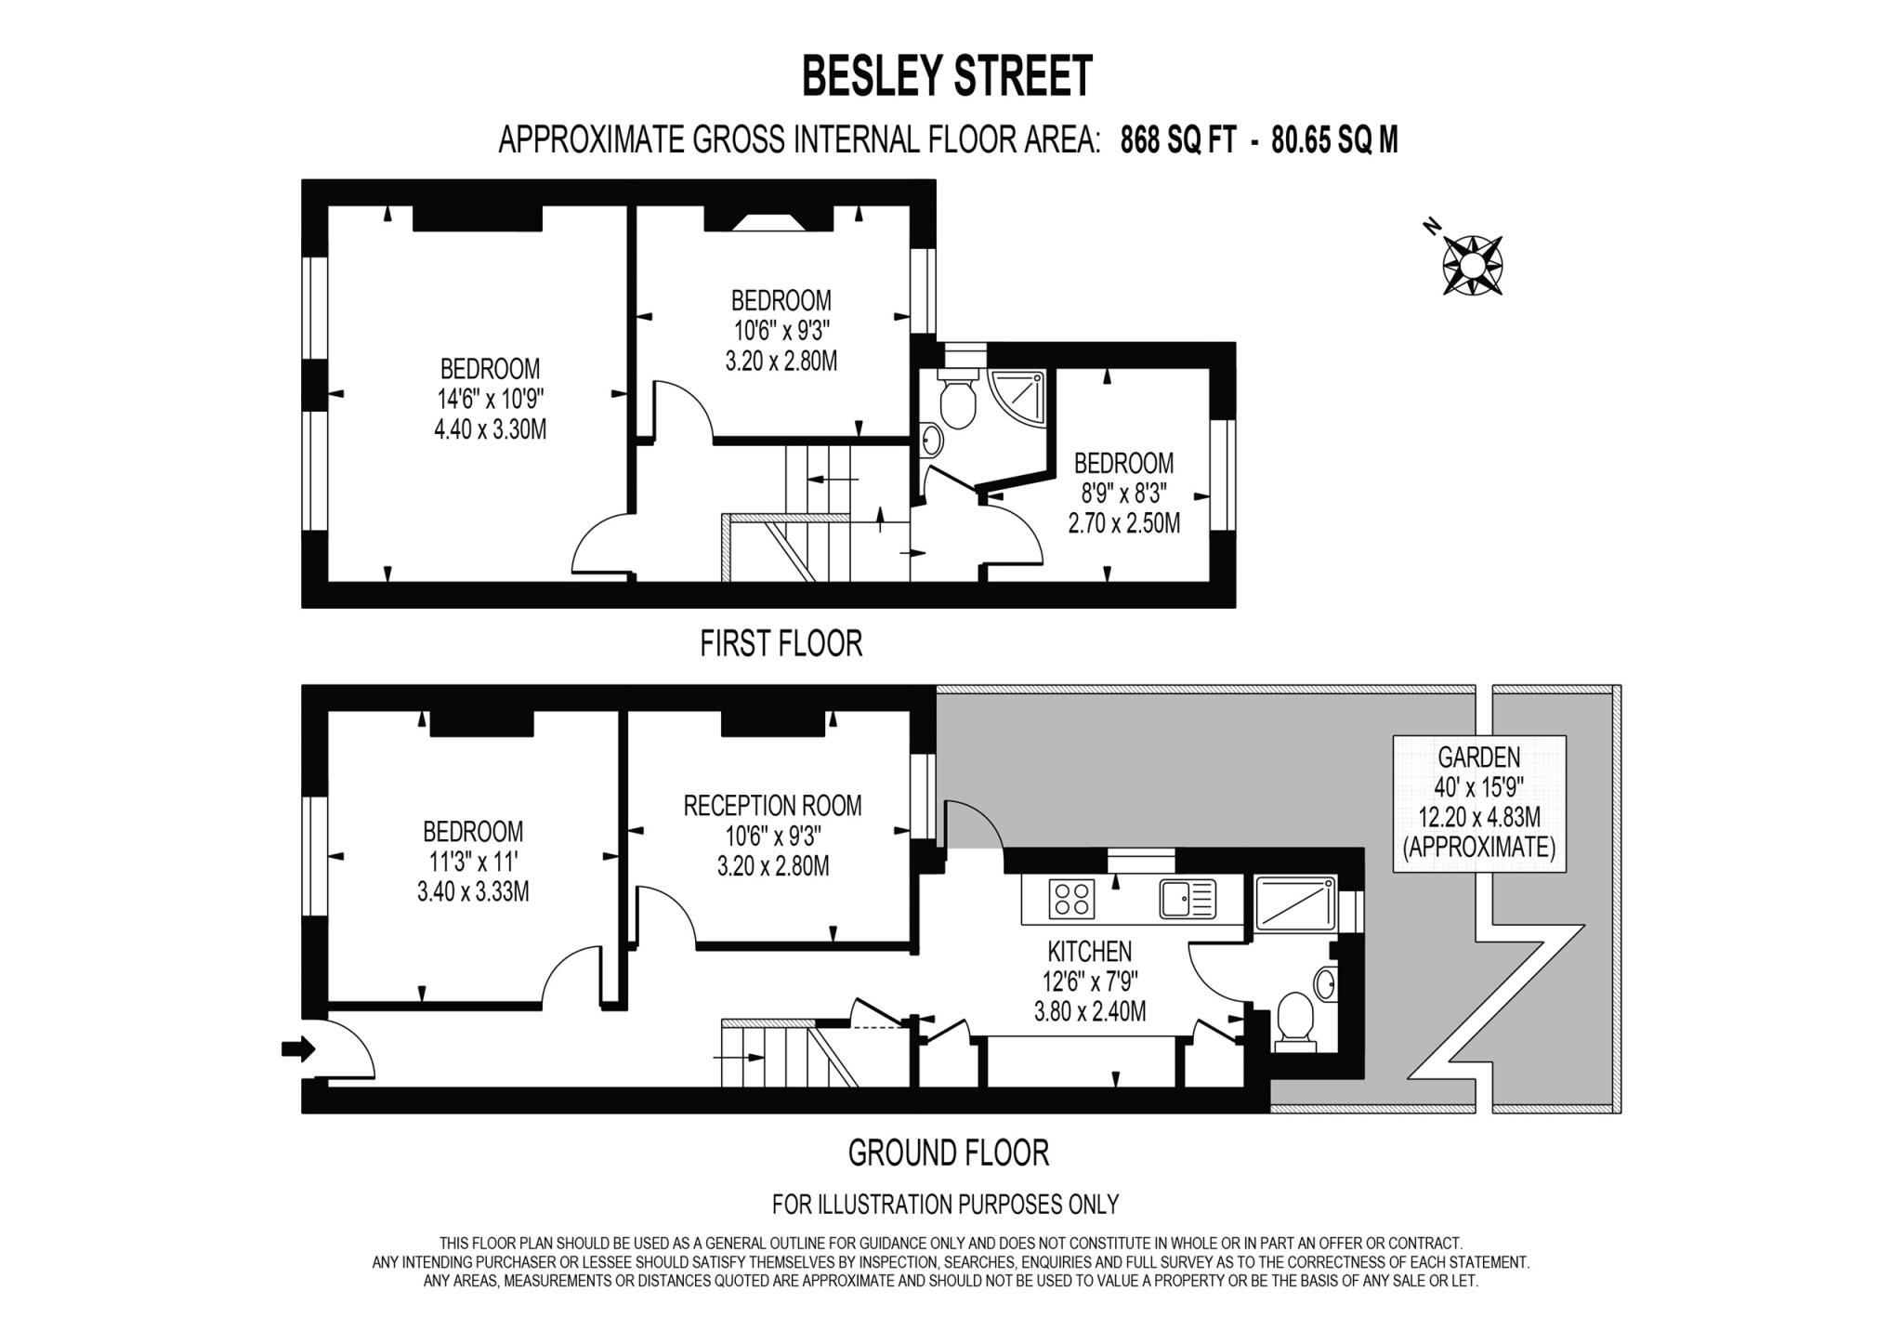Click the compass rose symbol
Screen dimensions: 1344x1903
click(x=1472, y=265)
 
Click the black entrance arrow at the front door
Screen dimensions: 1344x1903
click(x=298, y=1049)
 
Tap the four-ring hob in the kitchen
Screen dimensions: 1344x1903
click(x=1071, y=899)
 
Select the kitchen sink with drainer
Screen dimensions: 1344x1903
click(x=1188, y=899)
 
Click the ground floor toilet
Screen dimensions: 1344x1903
click(x=1295, y=1021)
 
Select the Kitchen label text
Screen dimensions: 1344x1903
click(x=1089, y=952)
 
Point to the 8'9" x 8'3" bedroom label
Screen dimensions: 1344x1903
click(x=1123, y=493)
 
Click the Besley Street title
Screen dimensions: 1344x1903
click(x=947, y=76)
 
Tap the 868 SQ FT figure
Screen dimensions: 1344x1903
click(x=1177, y=140)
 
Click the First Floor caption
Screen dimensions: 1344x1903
click(x=781, y=643)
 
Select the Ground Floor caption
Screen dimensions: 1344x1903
click(x=948, y=1153)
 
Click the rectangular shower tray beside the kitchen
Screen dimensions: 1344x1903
click(x=1294, y=903)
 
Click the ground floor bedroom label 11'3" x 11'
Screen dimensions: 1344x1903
click(x=473, y=861)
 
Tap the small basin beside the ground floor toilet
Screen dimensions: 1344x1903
click(x=1325, y=982)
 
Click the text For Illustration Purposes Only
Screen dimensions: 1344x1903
click(x=945, y=1205)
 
